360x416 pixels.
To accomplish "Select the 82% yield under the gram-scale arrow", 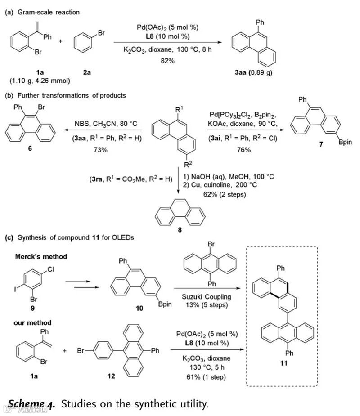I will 168,61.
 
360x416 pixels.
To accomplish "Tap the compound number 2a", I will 86,72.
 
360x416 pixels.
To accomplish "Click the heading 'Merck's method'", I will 41,256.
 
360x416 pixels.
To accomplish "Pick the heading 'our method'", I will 33,322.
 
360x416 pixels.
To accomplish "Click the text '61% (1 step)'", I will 204,376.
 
